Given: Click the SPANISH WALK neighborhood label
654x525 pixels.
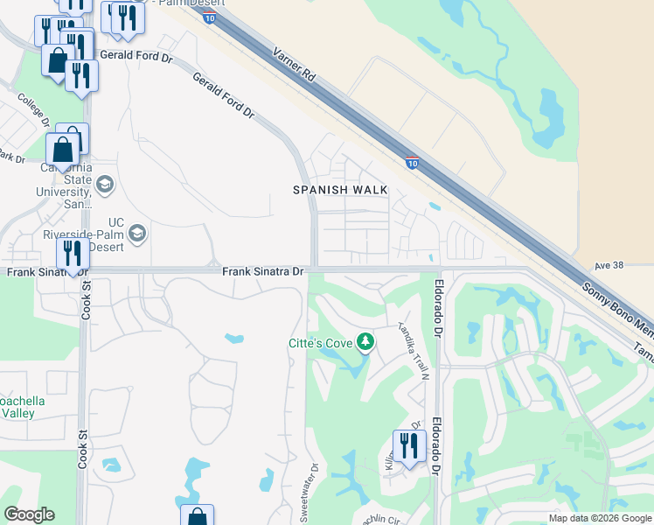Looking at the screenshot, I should (x=337, y=189).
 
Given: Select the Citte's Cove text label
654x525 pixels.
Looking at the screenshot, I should (x=320, y=343).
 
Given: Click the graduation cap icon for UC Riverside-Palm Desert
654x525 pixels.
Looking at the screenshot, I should (x=136, y=233).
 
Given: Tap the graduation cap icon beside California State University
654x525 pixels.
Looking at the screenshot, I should (x=105, y=185).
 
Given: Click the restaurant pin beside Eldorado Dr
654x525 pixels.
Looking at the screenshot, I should (x=408, y=447).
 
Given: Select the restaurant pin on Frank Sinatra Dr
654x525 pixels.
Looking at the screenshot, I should (x=73, y=254).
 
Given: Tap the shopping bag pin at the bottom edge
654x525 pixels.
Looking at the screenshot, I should (x=197, y=516).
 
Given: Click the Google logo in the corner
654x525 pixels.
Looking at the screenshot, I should (x=29, y=514).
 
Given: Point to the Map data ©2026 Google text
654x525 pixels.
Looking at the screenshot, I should (x=600, y=518).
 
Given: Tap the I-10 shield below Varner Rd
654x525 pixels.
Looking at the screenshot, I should (x=413, y=163).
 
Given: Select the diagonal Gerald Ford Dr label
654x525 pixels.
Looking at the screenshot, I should (x=224, y=96).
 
